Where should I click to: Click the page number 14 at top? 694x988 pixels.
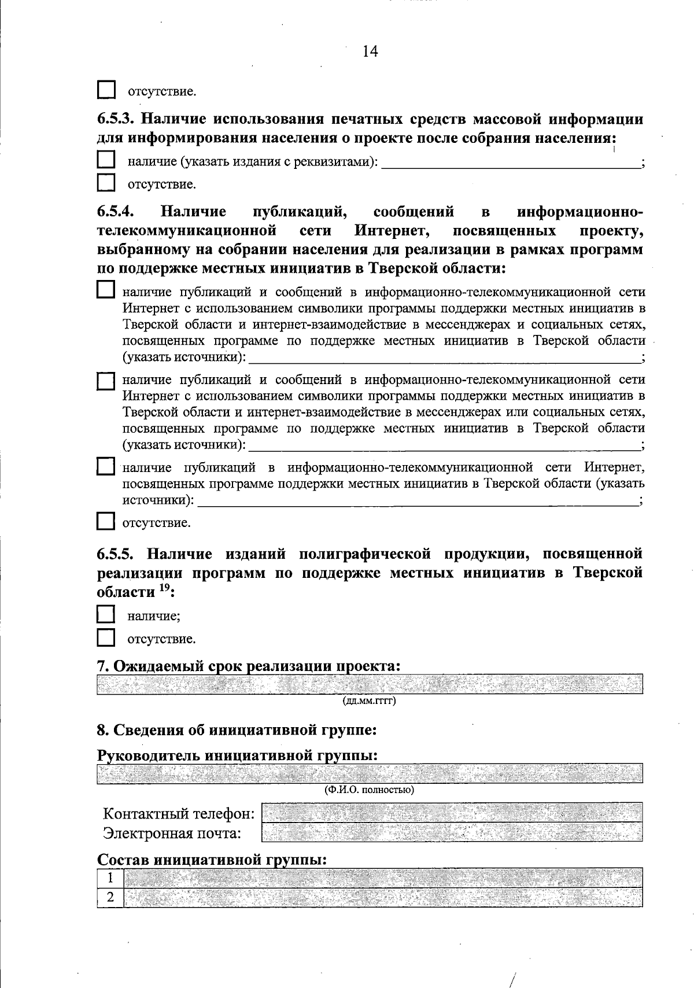click(370, 51)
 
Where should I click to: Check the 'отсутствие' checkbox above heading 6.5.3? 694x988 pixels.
click(106, 90)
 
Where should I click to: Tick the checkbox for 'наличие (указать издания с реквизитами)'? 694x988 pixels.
click(106, 160)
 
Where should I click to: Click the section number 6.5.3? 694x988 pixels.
click(116, 120)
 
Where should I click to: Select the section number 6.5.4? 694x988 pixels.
click(116, 212)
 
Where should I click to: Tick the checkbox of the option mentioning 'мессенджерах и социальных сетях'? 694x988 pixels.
click(106, 290)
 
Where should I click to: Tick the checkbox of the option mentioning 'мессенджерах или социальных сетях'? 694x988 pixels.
click(106, 381)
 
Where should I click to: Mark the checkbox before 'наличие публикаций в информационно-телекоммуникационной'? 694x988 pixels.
click(106, 467)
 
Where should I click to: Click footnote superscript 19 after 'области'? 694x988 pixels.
click(164, 588)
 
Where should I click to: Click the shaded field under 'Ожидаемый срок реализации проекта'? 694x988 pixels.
click(370, 684)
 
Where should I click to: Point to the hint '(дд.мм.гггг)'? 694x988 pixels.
click(370, 702)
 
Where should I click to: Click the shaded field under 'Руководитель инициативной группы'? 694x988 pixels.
click(370, 773)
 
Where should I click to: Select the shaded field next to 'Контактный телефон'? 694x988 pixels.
click(452, 812)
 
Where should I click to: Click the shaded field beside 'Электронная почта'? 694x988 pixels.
click(452, 832)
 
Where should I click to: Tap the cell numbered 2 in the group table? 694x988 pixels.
click(110, 897)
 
